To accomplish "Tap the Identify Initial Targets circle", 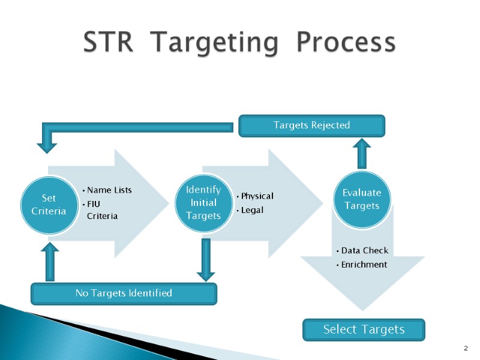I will pyautogui.click(x=203, y=203).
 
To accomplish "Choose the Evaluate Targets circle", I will pyautogui.click(x=361, y=199).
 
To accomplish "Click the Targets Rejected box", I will pyautogui.click(x=311, y=125).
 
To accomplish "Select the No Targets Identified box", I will pyautogui.click(x=123, y=293).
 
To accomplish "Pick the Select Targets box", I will pyautogui.click(x=364, y=329).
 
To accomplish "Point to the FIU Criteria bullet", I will pyautogui.click(x=101, y=209).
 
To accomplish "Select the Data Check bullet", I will pyautogui.click(x=363, y=250).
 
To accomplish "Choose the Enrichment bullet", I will pyautogui.click(x=362, y=265).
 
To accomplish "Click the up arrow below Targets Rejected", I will pyautogui.click(x=362, y=154).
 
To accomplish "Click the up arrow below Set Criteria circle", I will pyautogui.click(x=49, y=261).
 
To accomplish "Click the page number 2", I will pyautogui.click(x=466, y=349).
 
